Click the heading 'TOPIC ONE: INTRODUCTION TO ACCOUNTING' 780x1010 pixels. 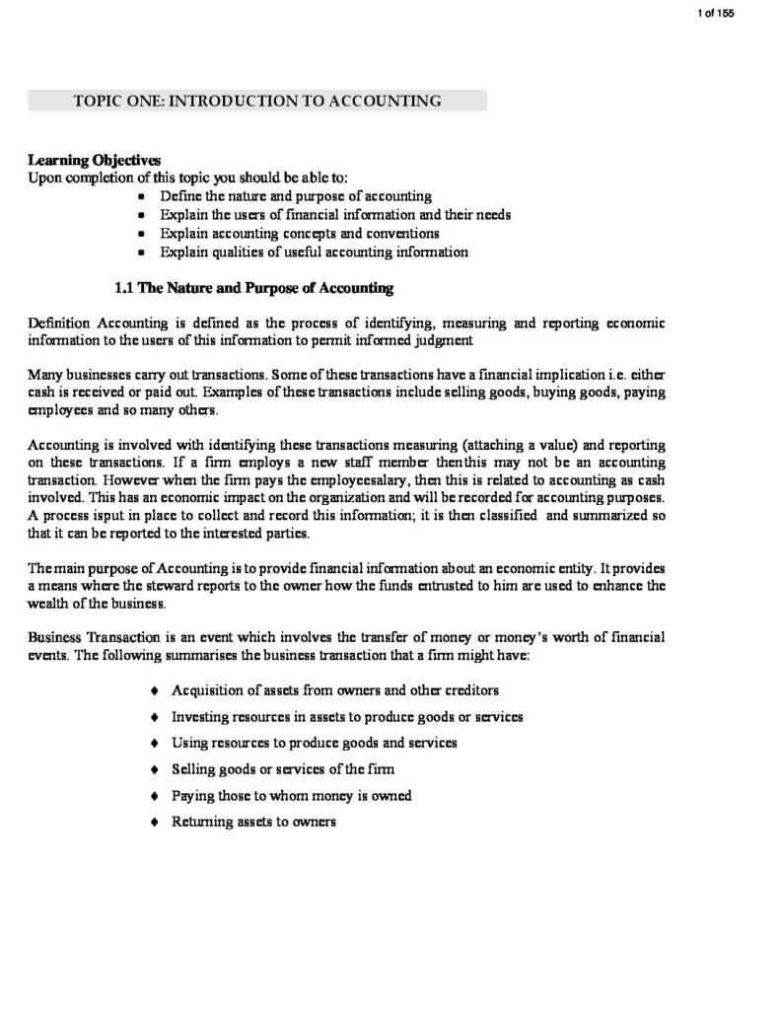click(257, 101)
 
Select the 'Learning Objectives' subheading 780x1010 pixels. click(94, 160)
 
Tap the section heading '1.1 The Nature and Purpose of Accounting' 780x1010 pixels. click(254, 288)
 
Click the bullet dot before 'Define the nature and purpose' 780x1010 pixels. click(142, 197)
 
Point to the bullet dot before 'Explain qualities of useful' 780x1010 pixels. click(142, 252)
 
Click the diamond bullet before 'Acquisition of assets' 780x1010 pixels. click(155, 690)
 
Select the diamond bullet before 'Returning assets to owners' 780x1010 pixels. click(155, 822)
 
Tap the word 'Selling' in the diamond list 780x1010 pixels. click(194, 769)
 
